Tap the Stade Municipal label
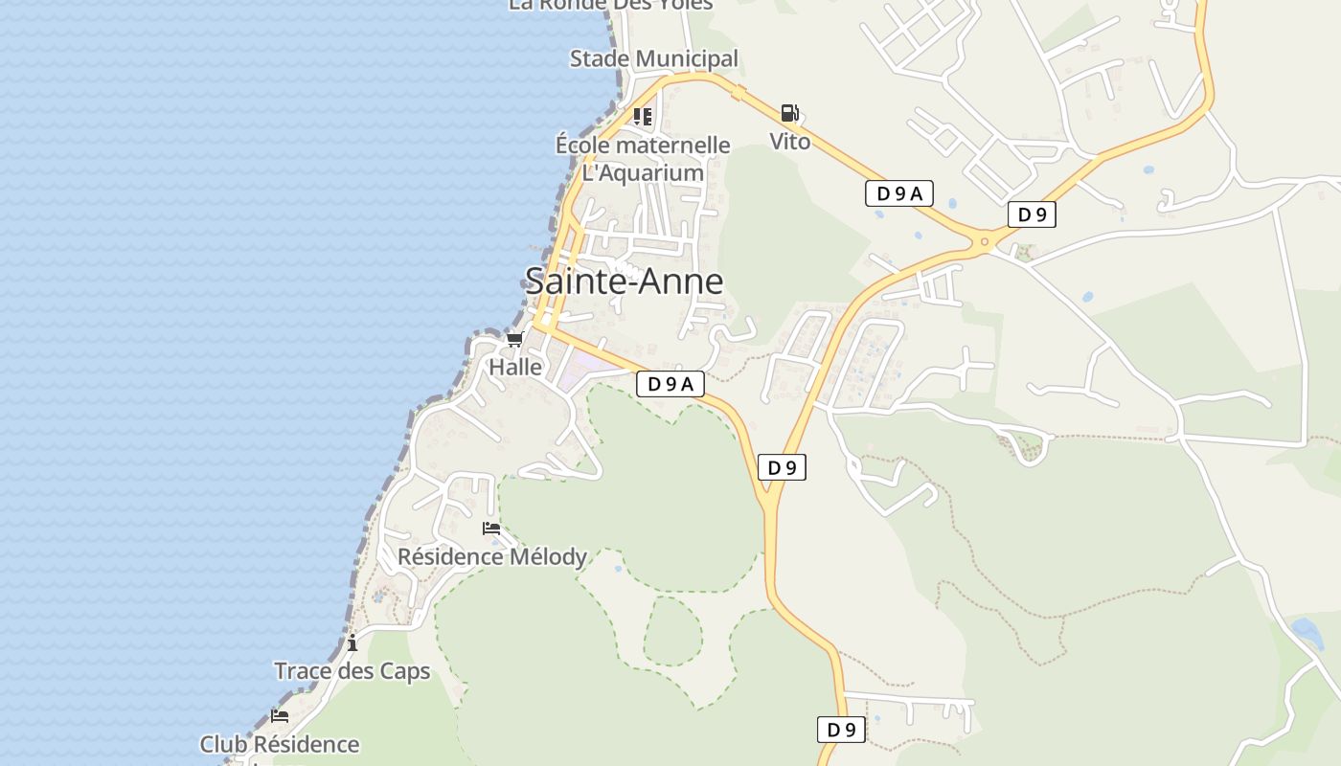(x=654, y=59)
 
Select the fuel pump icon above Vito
(x=789, y=114)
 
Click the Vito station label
(x=790, y=143)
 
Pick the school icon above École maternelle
(x=643, y=117)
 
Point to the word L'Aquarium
(x=643, y=173)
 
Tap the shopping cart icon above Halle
(x=515, y=340)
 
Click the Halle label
(x=515, y=368)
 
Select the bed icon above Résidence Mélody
(x=491, y=529)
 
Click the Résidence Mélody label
(x=492, y=557)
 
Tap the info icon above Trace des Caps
(x=352, y=642)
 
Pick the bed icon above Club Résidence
(x=280, y=715)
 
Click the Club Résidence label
(x=280, y=745)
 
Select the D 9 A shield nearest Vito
(x=898, y=193)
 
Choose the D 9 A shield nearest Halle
(x=670, y=385)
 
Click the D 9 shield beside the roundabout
(x=1032, y=215)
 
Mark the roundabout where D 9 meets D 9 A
(x=984, y=242)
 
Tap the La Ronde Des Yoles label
(x=611, y=5)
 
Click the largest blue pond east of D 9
(x=1306, y=632)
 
